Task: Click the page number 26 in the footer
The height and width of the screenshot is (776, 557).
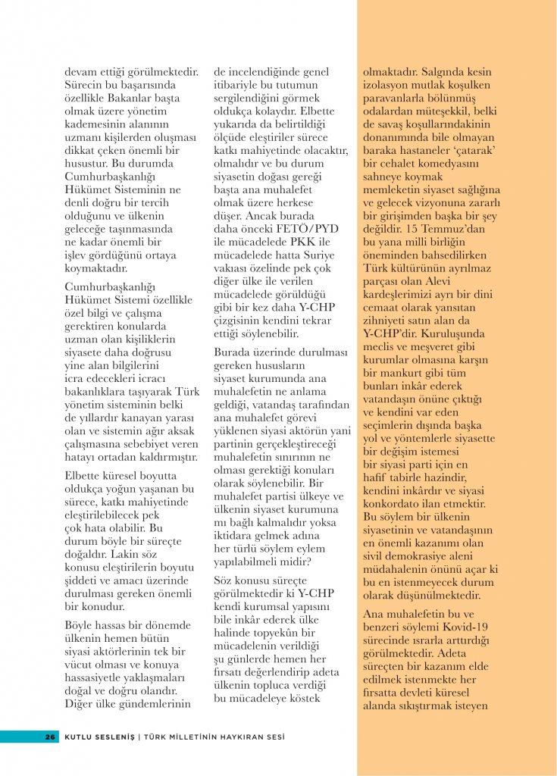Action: point(51,736)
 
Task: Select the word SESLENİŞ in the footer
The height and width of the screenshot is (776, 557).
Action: point(111,736)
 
